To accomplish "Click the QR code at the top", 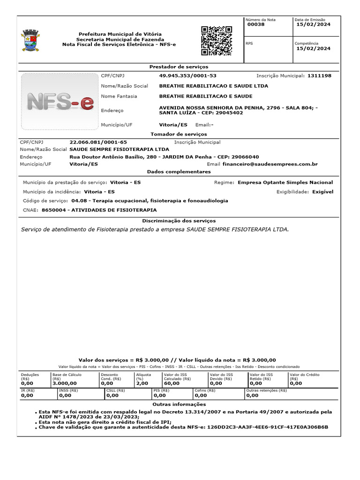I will pos(217,41).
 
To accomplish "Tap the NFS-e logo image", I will pos(60,101).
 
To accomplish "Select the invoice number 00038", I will pos(256,24).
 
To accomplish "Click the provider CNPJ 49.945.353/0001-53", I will pos(187,75).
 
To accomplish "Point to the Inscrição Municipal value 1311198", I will pos(319,75).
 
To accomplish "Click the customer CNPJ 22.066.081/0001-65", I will pos(98,142).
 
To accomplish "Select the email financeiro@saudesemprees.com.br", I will pos(270,165).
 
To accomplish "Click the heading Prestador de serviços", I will pos(179,67).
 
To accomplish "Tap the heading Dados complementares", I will pos(179,172).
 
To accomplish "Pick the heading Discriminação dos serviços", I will pos(179,221).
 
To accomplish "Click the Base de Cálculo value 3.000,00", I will pos(65,383).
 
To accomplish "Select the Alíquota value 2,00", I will pos(142,383).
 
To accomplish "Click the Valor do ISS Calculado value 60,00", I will pos(172,383).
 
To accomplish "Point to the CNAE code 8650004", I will pos(53,210).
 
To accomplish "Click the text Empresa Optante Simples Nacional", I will pos(285,182).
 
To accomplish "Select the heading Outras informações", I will pos(179,404).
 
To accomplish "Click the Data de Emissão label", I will pos(310,20).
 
